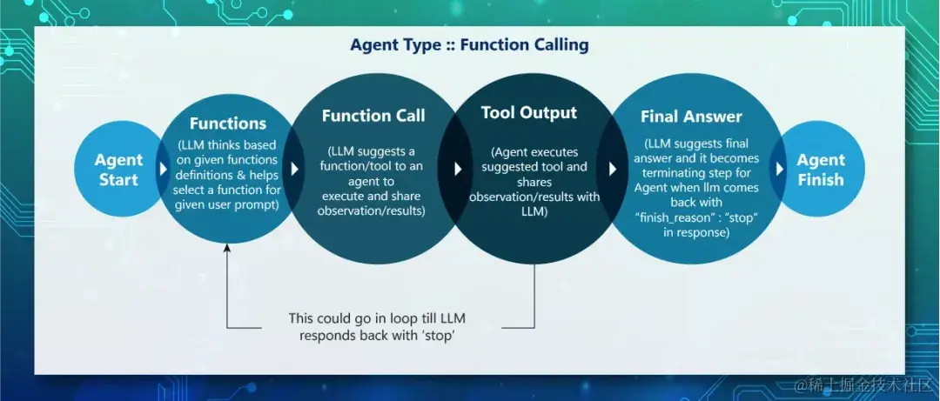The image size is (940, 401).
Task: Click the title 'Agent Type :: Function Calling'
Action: coord(469,44)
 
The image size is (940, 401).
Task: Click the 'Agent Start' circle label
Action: coord(118,170)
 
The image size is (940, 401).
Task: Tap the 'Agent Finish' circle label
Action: coord(820,170)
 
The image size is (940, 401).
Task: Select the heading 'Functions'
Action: coord(228,124)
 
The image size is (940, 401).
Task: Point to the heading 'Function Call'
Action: coord(373,116)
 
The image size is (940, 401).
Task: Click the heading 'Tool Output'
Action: coord(528,112)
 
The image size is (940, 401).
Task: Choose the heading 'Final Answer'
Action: coord(691,116)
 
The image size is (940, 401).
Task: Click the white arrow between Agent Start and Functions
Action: coord(163,169)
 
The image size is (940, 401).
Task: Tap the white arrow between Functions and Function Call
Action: coord(295,169)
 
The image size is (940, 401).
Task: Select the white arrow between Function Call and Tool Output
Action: coord(458,169)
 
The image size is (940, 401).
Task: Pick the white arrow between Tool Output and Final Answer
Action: coord(613,169)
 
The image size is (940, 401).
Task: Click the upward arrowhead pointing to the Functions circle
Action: coord(227,251)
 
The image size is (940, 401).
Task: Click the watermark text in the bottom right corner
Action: coord(862,384)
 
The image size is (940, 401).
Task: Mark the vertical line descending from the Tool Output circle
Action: coord(534,296)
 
